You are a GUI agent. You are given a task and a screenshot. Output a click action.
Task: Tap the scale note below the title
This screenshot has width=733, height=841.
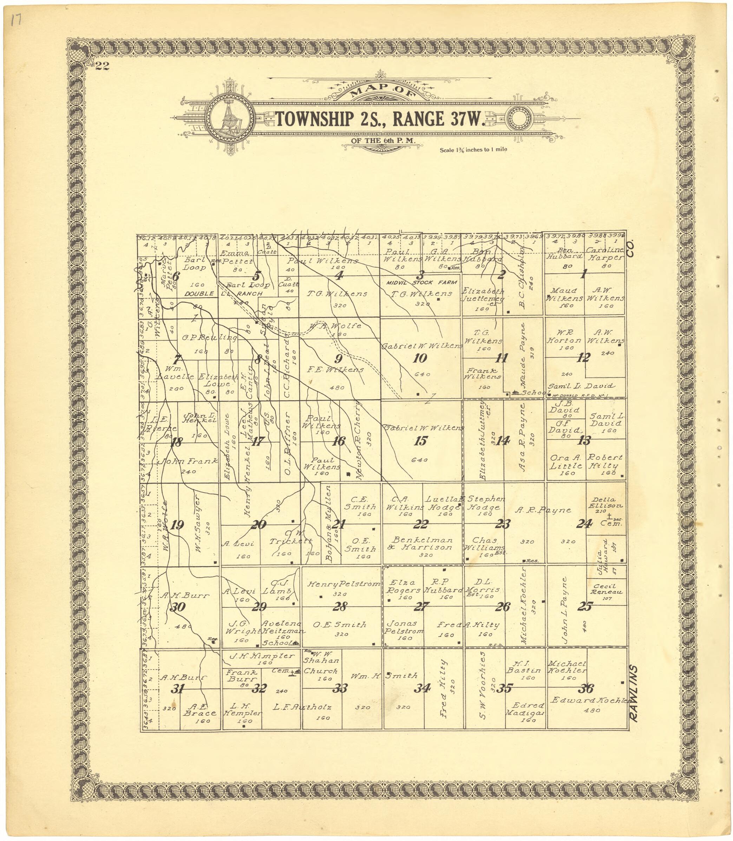[x=473, y=150]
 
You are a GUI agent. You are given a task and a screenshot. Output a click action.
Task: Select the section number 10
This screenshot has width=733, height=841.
[x=420, y=358]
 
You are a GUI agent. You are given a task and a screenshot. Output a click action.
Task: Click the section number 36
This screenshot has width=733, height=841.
[x=586, y=689]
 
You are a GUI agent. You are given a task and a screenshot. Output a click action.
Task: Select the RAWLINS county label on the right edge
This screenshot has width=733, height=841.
[x=634, y=693]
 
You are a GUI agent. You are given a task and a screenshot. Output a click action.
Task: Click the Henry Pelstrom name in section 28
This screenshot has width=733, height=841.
[x=343, y=584]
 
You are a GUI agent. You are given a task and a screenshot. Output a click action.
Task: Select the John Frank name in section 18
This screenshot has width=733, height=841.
[x=188, y=461]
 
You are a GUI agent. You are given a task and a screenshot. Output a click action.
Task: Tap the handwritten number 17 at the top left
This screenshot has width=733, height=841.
[x=17, y=21]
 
